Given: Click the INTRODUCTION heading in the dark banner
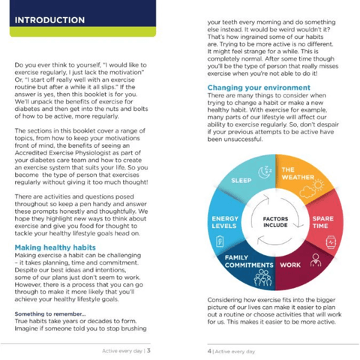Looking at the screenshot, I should click(49, 19).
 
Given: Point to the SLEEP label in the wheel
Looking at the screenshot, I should click(241, 181).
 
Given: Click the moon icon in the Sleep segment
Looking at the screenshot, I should click(264, 172).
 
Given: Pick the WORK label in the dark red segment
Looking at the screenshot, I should click(290, 265).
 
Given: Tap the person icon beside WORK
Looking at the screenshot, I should click(316, 260).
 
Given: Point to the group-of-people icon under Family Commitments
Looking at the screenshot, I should click(262, 278).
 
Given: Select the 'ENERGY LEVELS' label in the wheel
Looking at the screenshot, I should click(224, 222).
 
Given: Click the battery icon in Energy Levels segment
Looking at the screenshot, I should click(220, 241).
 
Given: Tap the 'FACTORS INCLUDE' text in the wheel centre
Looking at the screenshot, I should click(275, 222).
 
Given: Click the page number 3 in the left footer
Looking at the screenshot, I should click(148, 349).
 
